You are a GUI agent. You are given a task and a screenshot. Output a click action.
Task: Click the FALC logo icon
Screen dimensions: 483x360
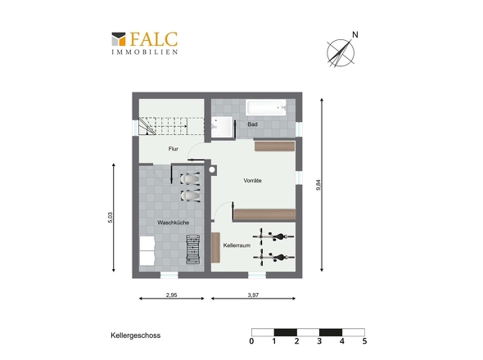click(x=119, y=39)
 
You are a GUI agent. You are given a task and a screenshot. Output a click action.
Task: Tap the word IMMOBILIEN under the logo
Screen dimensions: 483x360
click(x=145, y=52)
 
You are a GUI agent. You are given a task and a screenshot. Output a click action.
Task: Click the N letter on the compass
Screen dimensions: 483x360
click(x=355, y=35)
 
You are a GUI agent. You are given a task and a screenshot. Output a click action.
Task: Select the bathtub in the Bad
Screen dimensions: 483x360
click(x=266, y=107)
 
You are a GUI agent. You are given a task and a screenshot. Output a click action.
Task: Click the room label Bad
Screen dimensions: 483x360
click(x=252, y=124)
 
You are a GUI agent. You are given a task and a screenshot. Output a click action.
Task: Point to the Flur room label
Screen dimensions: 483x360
click(x=174, y=149)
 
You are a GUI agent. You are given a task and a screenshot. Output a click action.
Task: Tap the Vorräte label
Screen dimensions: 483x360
click(x=252, y=181)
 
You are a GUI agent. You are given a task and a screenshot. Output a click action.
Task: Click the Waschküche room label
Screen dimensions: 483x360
click(x=173, y=223)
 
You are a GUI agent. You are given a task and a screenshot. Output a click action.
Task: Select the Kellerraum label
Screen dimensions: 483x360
click(x=237, y=245)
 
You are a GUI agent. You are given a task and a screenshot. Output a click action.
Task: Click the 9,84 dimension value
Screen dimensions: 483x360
click(x=318, y=185)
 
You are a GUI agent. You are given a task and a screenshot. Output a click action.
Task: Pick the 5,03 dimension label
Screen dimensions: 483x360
click(x=111, y=218)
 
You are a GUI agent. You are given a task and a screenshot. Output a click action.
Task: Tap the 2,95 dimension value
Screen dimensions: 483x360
click(x=172, y=295)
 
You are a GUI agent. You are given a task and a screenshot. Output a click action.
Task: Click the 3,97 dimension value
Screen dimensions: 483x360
click(x=253, y=295)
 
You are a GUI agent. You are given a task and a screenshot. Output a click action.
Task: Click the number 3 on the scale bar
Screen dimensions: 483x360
click(x=319, y=341)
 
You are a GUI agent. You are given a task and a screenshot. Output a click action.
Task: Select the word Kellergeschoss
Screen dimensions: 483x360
click(x=136, y=335)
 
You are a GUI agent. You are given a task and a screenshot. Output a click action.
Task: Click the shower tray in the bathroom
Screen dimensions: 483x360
click(x=222, y=127)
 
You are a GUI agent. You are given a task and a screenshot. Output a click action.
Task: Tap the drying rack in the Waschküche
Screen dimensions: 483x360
click(x=193, y=249)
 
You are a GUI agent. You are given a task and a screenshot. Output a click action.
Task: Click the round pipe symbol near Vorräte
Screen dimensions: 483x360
click(x=212, y=169)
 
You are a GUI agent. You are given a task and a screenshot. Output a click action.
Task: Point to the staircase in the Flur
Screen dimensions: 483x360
click(x=171, y=126)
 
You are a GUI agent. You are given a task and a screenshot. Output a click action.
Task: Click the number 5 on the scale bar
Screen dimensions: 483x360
click(x=365, y=341)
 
